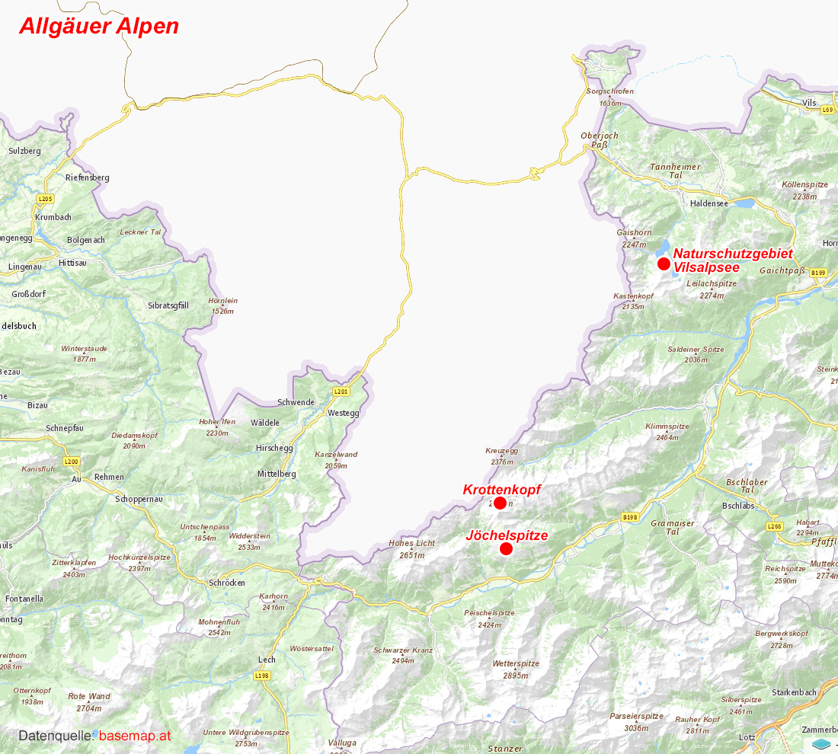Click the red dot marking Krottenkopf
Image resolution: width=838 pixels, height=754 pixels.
(x=500, y=503)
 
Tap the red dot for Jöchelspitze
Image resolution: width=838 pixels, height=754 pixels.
(x=506, y=549)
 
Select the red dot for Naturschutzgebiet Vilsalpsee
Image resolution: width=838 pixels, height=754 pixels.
(x=664, y=264)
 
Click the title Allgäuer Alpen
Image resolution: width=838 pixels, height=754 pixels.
(x=99, y=26)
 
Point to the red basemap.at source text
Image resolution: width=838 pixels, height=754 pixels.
(x=135, y=736)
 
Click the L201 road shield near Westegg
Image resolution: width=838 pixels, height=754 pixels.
(x=341, y=391)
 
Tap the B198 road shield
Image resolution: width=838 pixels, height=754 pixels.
(x=629, y=517)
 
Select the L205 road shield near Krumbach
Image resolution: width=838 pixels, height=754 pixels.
(x=46, y=199)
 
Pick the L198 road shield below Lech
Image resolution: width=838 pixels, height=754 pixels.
(x=262, y=676)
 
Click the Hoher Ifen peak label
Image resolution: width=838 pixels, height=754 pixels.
(x=217, y=422)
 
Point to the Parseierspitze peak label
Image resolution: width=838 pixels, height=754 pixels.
(x=636, y=716)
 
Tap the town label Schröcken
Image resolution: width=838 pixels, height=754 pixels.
(x=227, y=583)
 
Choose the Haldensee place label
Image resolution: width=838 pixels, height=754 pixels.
(x=708, y=203)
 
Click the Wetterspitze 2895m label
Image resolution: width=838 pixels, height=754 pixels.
(x=516, y=664)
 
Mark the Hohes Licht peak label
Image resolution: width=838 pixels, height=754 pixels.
(x=411, y=544)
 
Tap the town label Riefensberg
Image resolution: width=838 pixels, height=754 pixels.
(x=88, y=177)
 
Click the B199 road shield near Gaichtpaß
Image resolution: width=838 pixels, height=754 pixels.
(x=818, y=272)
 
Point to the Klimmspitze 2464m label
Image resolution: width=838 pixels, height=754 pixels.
(x=667, y=427)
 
